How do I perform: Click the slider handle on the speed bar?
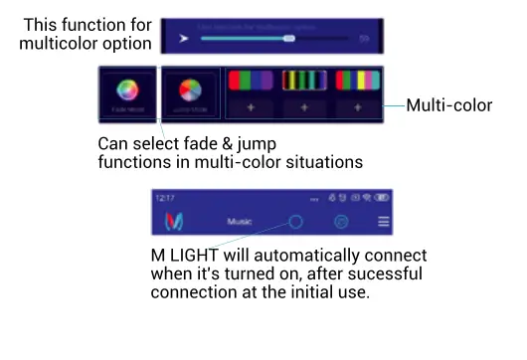[289, 39]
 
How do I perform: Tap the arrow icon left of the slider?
[183, 39]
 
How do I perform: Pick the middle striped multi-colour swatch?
[303, 80]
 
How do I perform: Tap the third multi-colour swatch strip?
[357, 80]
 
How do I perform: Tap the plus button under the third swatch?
[357, 106]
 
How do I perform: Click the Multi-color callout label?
[449, 103]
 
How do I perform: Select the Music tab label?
[240, 222]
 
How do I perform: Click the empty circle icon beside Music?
[295, 222]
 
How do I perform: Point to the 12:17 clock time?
[165, 199]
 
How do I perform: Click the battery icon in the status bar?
[382, 199]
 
